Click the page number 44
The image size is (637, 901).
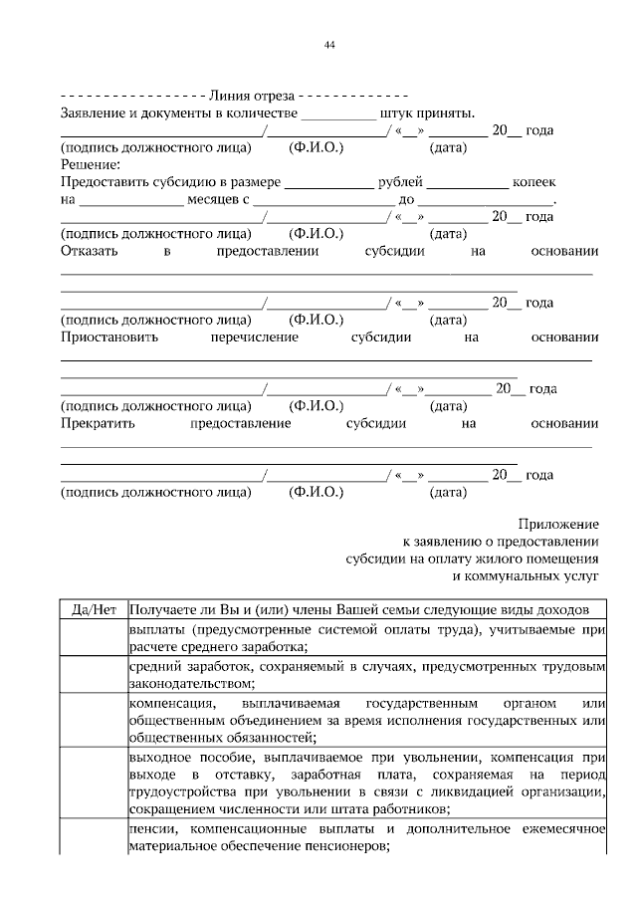coord(328,45)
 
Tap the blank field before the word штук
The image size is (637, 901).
coord(338,114)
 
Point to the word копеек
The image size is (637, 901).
coord(533,184)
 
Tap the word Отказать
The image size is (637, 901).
coord(91,253)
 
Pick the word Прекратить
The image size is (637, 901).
coord(100,424)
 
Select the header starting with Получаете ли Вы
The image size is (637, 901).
coord(360,609)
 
